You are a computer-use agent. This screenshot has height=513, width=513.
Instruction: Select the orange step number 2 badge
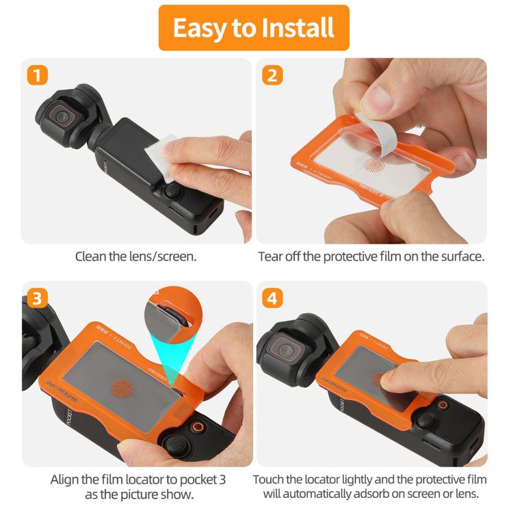point(272,74)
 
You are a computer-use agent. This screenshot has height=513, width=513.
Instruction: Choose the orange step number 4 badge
point(272,298)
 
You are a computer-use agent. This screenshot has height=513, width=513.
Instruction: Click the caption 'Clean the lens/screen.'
point(137,258)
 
